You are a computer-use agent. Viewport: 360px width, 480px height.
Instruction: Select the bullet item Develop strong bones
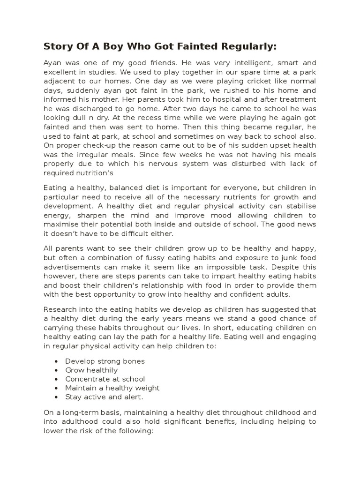105,361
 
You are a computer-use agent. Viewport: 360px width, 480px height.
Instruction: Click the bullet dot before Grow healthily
56,370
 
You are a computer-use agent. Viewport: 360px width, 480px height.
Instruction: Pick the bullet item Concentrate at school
105,379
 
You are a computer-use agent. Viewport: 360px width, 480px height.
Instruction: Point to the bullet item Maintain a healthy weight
112,388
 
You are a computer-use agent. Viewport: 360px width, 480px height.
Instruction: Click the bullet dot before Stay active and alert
56,397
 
